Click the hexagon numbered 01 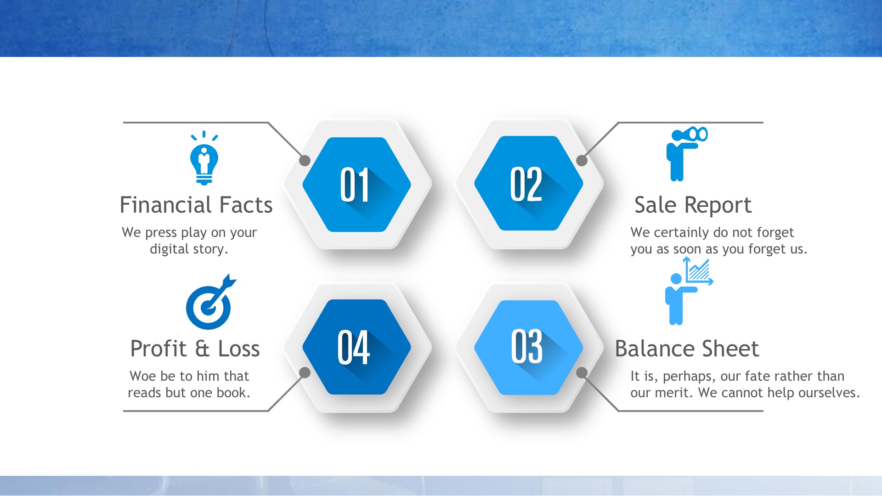pyautogui.click(x=357, y=185)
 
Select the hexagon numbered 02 pyautogui.click(x=528, y=183)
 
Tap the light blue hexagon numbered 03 pyautogui.click(x=528, y=348)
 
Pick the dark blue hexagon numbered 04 pyautogui.click(x=357, y=347)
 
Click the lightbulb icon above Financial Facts pyautogui.click(x=204, y=158)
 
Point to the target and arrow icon pyautogui.click(x=210, y=302)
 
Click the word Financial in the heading pyautogui.click(x=165, y=205)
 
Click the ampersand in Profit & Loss pyautogui.click(x=202, y=349)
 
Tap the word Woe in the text pyautogui.click(x=143, y=376)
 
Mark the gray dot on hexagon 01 pyautogui.click(x=305, y=161)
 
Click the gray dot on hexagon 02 pyautogui.click(x=582, y=161)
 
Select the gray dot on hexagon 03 pyautogui.click(x=582, y=372)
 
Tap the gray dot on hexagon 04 pyautogui.click(x=305, y=372)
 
